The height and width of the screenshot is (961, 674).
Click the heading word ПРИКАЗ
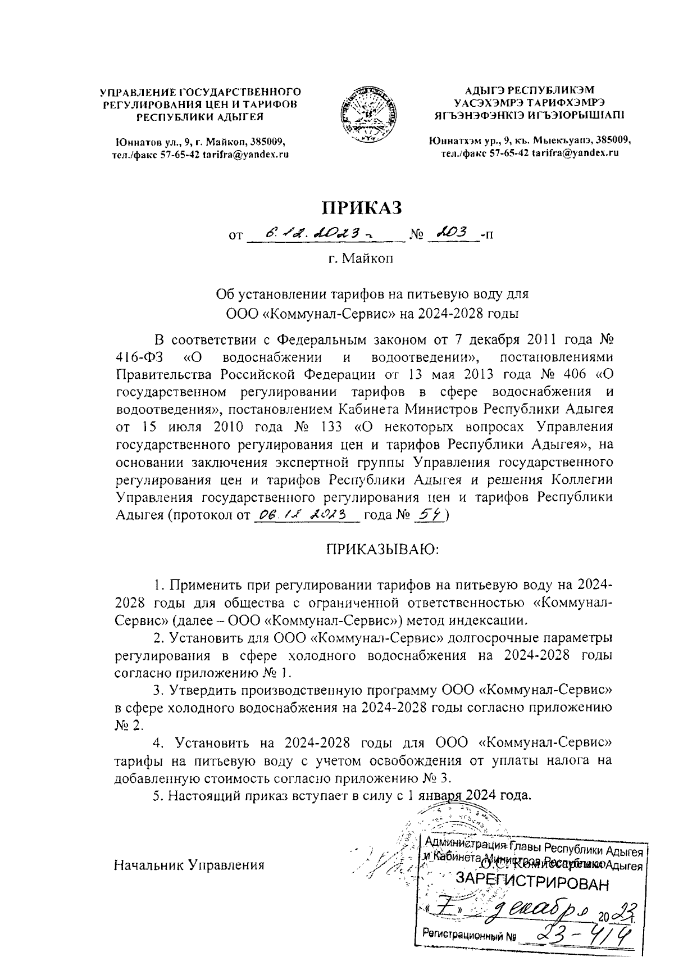point(362,207)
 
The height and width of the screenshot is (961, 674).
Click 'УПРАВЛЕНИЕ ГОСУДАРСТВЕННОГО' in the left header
point(201,91)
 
